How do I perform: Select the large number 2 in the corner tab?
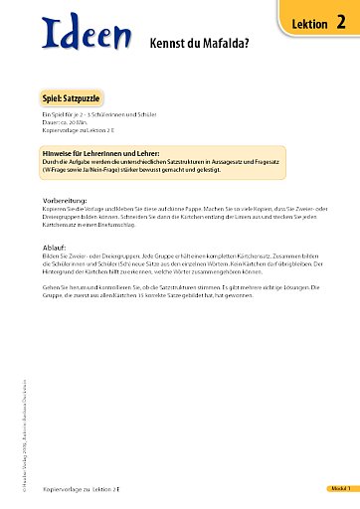pos(341,23)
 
